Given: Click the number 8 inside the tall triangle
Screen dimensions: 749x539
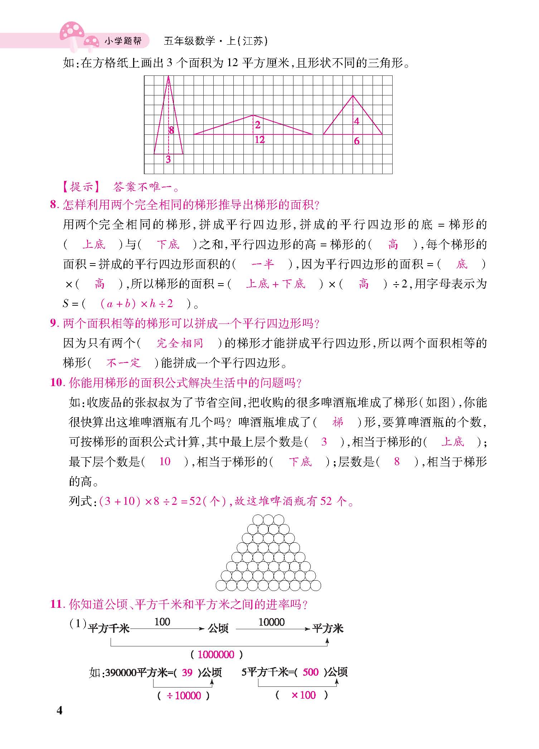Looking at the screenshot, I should [171, 130].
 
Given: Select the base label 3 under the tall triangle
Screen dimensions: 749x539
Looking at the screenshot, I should [168, 159].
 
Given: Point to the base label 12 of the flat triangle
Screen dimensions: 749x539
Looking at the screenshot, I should [259, 140].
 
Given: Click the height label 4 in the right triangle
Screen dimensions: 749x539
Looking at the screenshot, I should [356, 122].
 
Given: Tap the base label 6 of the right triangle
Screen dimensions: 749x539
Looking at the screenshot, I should [356, 141].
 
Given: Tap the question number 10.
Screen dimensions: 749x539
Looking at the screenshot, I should [56, 383].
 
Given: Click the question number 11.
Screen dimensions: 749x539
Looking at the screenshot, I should [56, 604].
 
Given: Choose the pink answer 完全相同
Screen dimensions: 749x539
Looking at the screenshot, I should [180, 343].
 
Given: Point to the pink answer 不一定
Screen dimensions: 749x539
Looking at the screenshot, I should [123, 363].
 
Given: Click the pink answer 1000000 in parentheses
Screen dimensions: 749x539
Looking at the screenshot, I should [216, 655].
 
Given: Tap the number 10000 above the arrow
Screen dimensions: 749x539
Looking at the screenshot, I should [271, 622].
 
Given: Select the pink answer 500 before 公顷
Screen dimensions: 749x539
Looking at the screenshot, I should [310, 672].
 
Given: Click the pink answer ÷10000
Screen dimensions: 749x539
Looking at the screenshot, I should [184, 696].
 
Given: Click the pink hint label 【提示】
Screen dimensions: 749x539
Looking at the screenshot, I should [81, 187].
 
